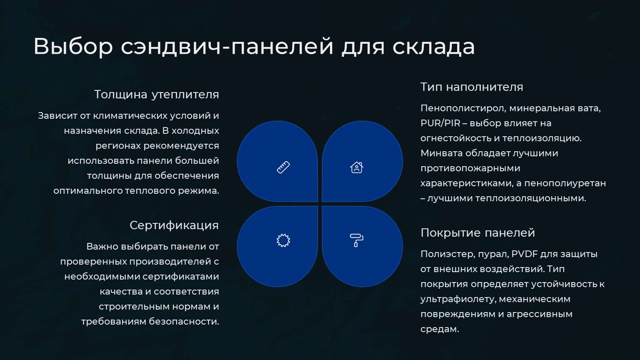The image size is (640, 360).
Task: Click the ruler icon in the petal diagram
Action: (x=283, y=167)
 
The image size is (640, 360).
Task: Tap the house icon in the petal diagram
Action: (x=357, y=167)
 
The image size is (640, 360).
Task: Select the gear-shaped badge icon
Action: (x=283, y=240)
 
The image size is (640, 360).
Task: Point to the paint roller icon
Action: (x=357, y=240)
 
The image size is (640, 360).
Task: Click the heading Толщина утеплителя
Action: (x=157, y=95)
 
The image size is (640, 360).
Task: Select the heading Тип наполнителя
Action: (x=472, y=87)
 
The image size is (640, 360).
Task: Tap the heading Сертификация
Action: (x=174, y=225)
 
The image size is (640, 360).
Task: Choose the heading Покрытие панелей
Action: (x=478, y=233)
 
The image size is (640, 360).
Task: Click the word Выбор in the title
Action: (x=73, y=46)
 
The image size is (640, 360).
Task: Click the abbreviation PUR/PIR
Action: (x=440, y=123)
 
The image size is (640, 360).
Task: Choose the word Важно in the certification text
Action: (x=102, y=247)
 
